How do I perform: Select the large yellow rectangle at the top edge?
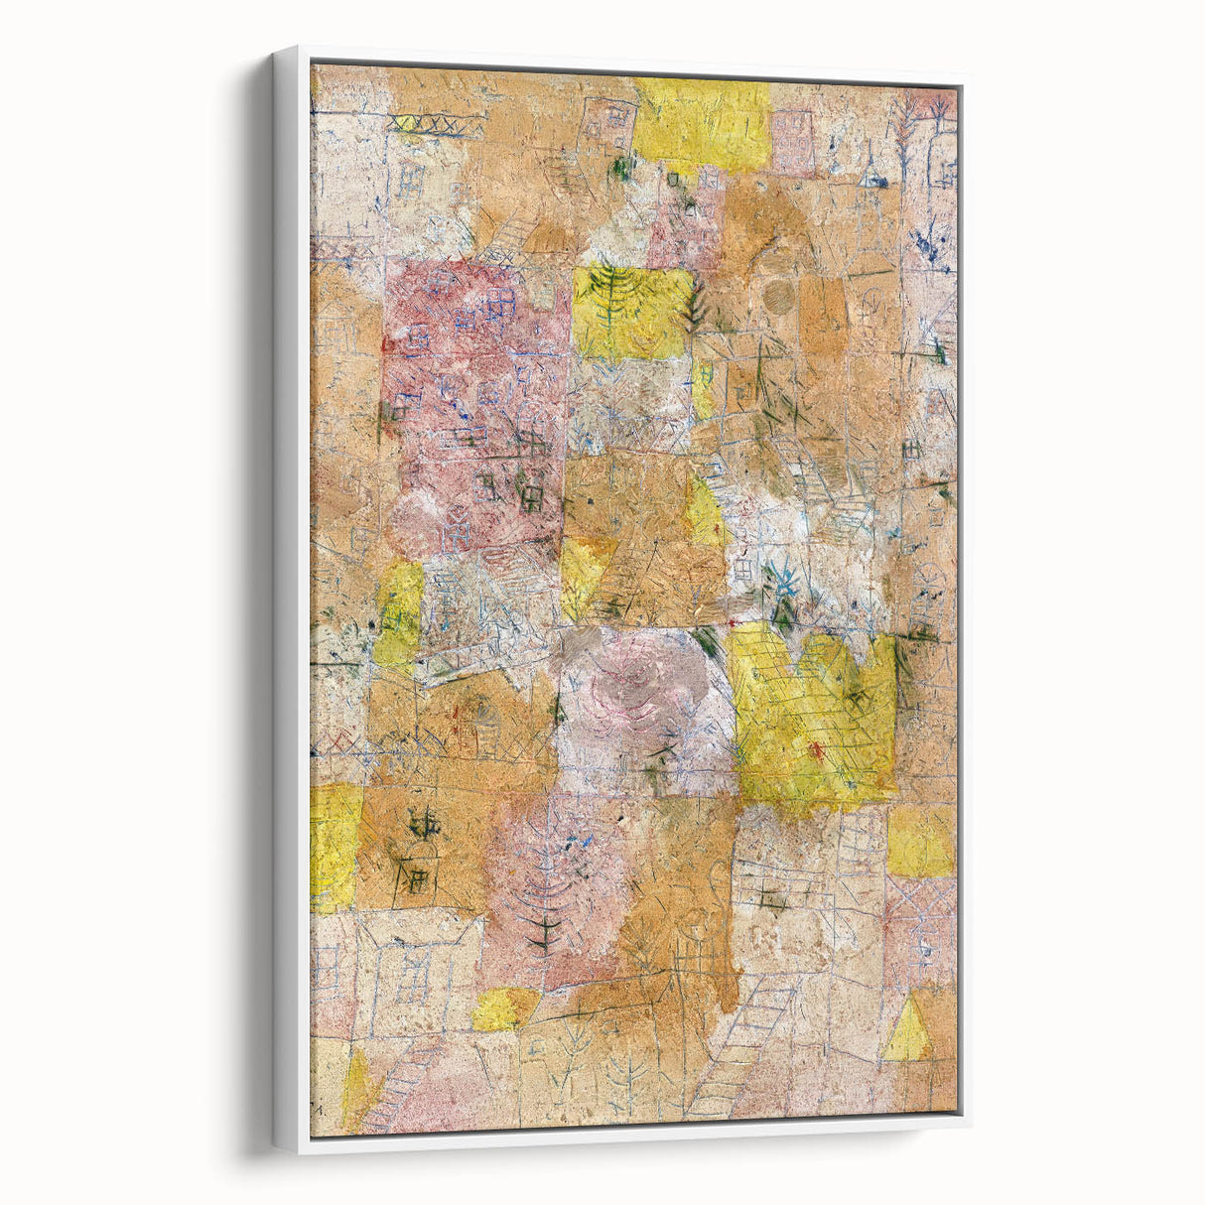[702, 123]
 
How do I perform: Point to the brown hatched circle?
[778, 295]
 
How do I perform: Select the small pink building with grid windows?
[792, 142]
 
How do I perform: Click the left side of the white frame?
[289, 596]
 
